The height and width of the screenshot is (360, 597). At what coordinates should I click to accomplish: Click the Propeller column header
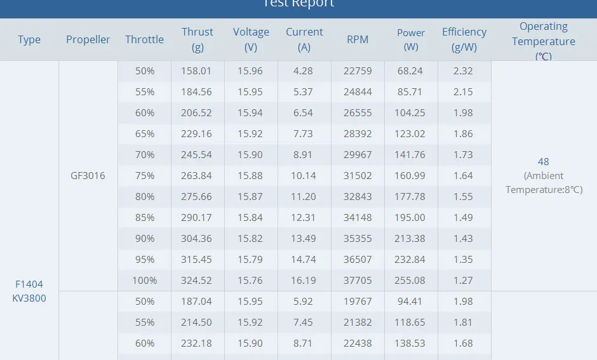(x=88, y=39)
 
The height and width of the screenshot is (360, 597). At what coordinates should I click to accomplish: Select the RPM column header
(x=358, y=39)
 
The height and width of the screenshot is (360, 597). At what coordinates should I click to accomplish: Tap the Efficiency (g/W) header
(x=464, y=39)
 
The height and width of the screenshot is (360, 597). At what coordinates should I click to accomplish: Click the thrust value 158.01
(x=198, y=71)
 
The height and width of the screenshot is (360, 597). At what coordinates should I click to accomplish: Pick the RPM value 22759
(x=358, y=71)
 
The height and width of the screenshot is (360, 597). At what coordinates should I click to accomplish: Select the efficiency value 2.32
(x=463, y=71)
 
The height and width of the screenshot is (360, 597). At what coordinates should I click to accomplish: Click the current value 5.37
(x=303, y=92)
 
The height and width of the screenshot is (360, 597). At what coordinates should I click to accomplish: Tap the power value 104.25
(x=411, y=113)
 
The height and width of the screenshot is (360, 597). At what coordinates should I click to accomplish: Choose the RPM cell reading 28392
(x=358, y=134)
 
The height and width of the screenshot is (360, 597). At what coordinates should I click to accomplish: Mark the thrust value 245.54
(x=198, y=155)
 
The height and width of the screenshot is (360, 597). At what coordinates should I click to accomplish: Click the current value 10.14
(x=303, y=176)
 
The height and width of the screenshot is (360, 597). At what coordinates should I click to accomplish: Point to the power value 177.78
(x=411, y=197)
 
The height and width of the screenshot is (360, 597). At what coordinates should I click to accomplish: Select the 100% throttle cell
(x=145, y=281)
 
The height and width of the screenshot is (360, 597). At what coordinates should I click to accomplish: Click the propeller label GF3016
(x=88, y=176)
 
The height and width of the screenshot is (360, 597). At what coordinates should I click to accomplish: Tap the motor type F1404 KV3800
(x=29, y=291)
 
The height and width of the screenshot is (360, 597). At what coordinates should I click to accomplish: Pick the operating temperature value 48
(x=543, y=162)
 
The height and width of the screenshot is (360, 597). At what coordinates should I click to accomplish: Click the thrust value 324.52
(x=198, y=281)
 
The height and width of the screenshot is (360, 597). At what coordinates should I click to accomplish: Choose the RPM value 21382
(x=358, y=323)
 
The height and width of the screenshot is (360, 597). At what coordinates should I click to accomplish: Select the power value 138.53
(x=411, y=343)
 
